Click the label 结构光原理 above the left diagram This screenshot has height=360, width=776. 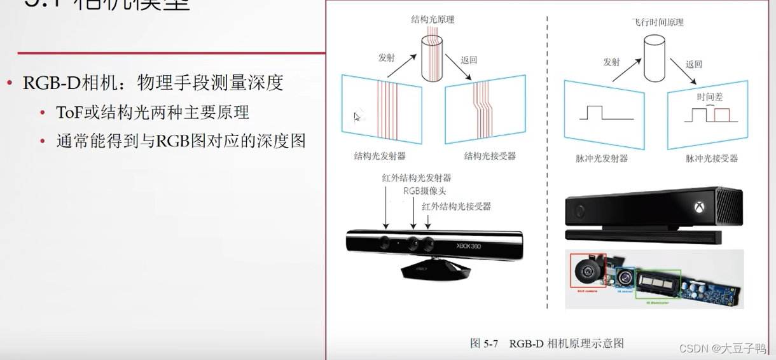(x=433, y=20)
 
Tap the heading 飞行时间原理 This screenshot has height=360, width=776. (x=658, y=22)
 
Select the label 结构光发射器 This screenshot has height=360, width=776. (x=380, y=156)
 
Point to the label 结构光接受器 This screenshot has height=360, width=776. (x=489, y=156)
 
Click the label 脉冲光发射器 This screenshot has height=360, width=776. (x=601, y=158)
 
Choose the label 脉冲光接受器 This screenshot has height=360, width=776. (x=711, y=158)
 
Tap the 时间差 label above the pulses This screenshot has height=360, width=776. (x=710, y=97)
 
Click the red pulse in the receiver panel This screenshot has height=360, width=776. (x=722, y=115)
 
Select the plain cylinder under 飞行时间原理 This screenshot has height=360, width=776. (x=654, y=58)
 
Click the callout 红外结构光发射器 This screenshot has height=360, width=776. (x=417, y=178)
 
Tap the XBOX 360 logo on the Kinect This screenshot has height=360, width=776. (x=469, y=246)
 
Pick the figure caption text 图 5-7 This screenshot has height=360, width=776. (x=483, y=343)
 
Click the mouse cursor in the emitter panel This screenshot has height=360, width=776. (x=357, y=116)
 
